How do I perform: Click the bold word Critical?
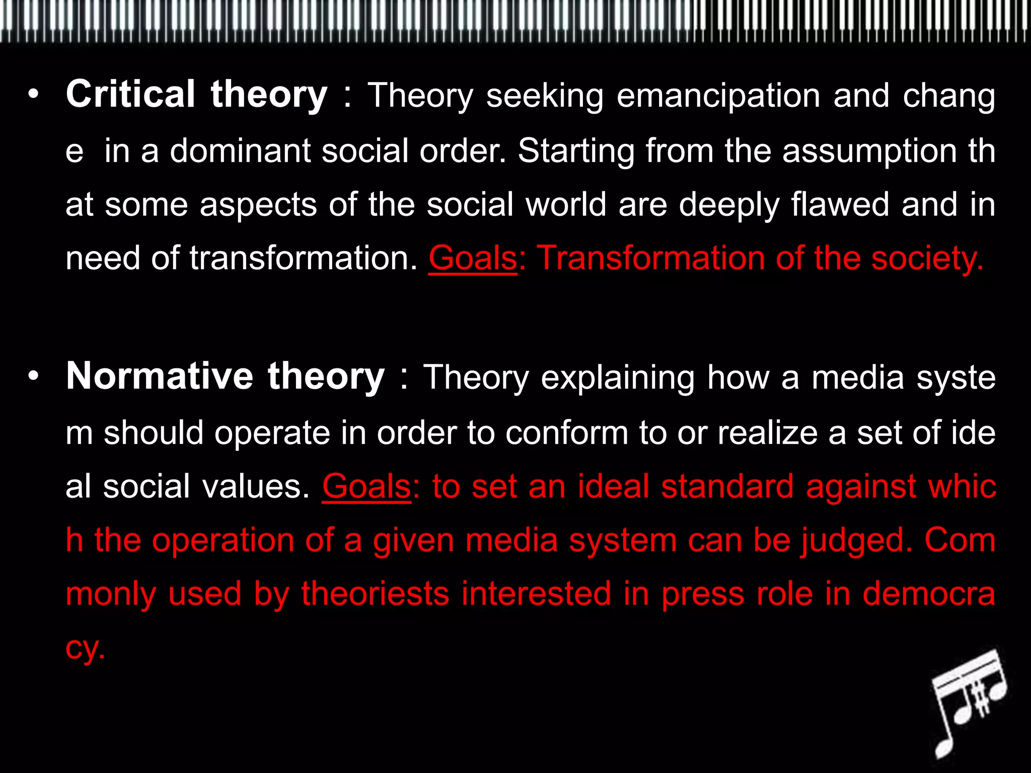(x=130, y=94)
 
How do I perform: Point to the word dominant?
(x=240, y=150)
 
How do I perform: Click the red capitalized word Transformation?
(x=651, y=258)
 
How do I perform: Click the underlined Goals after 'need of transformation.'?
(x=472, y=258)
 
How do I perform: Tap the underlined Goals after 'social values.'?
(x=366, y=487)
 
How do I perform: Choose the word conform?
(x=566, y=433)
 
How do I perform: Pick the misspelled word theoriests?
(x=375, y=594)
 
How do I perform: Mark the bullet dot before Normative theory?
(x=33, y=376)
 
